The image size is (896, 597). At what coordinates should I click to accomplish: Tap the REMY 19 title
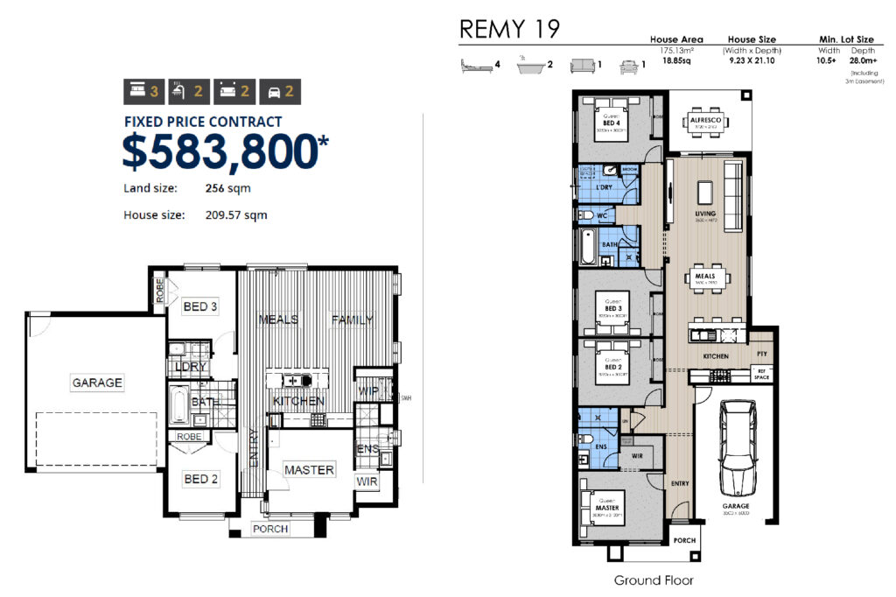tap(509, 30)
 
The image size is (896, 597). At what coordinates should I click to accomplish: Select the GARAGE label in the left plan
tap(97, 383)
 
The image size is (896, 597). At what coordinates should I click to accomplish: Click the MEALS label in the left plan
tap(278, 320)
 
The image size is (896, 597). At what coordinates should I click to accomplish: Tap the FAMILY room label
tap(352, 320)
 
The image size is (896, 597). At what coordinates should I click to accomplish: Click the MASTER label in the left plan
tap(309, 470)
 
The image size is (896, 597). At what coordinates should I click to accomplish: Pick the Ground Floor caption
tap(654, 579)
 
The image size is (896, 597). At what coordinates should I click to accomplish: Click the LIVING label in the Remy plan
tap(705, 214)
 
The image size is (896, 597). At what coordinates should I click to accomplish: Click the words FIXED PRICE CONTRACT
tap(203, 122)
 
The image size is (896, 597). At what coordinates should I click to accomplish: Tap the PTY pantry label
tap(760, 355)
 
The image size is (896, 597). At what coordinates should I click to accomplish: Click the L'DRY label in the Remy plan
tap(602, 188)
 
